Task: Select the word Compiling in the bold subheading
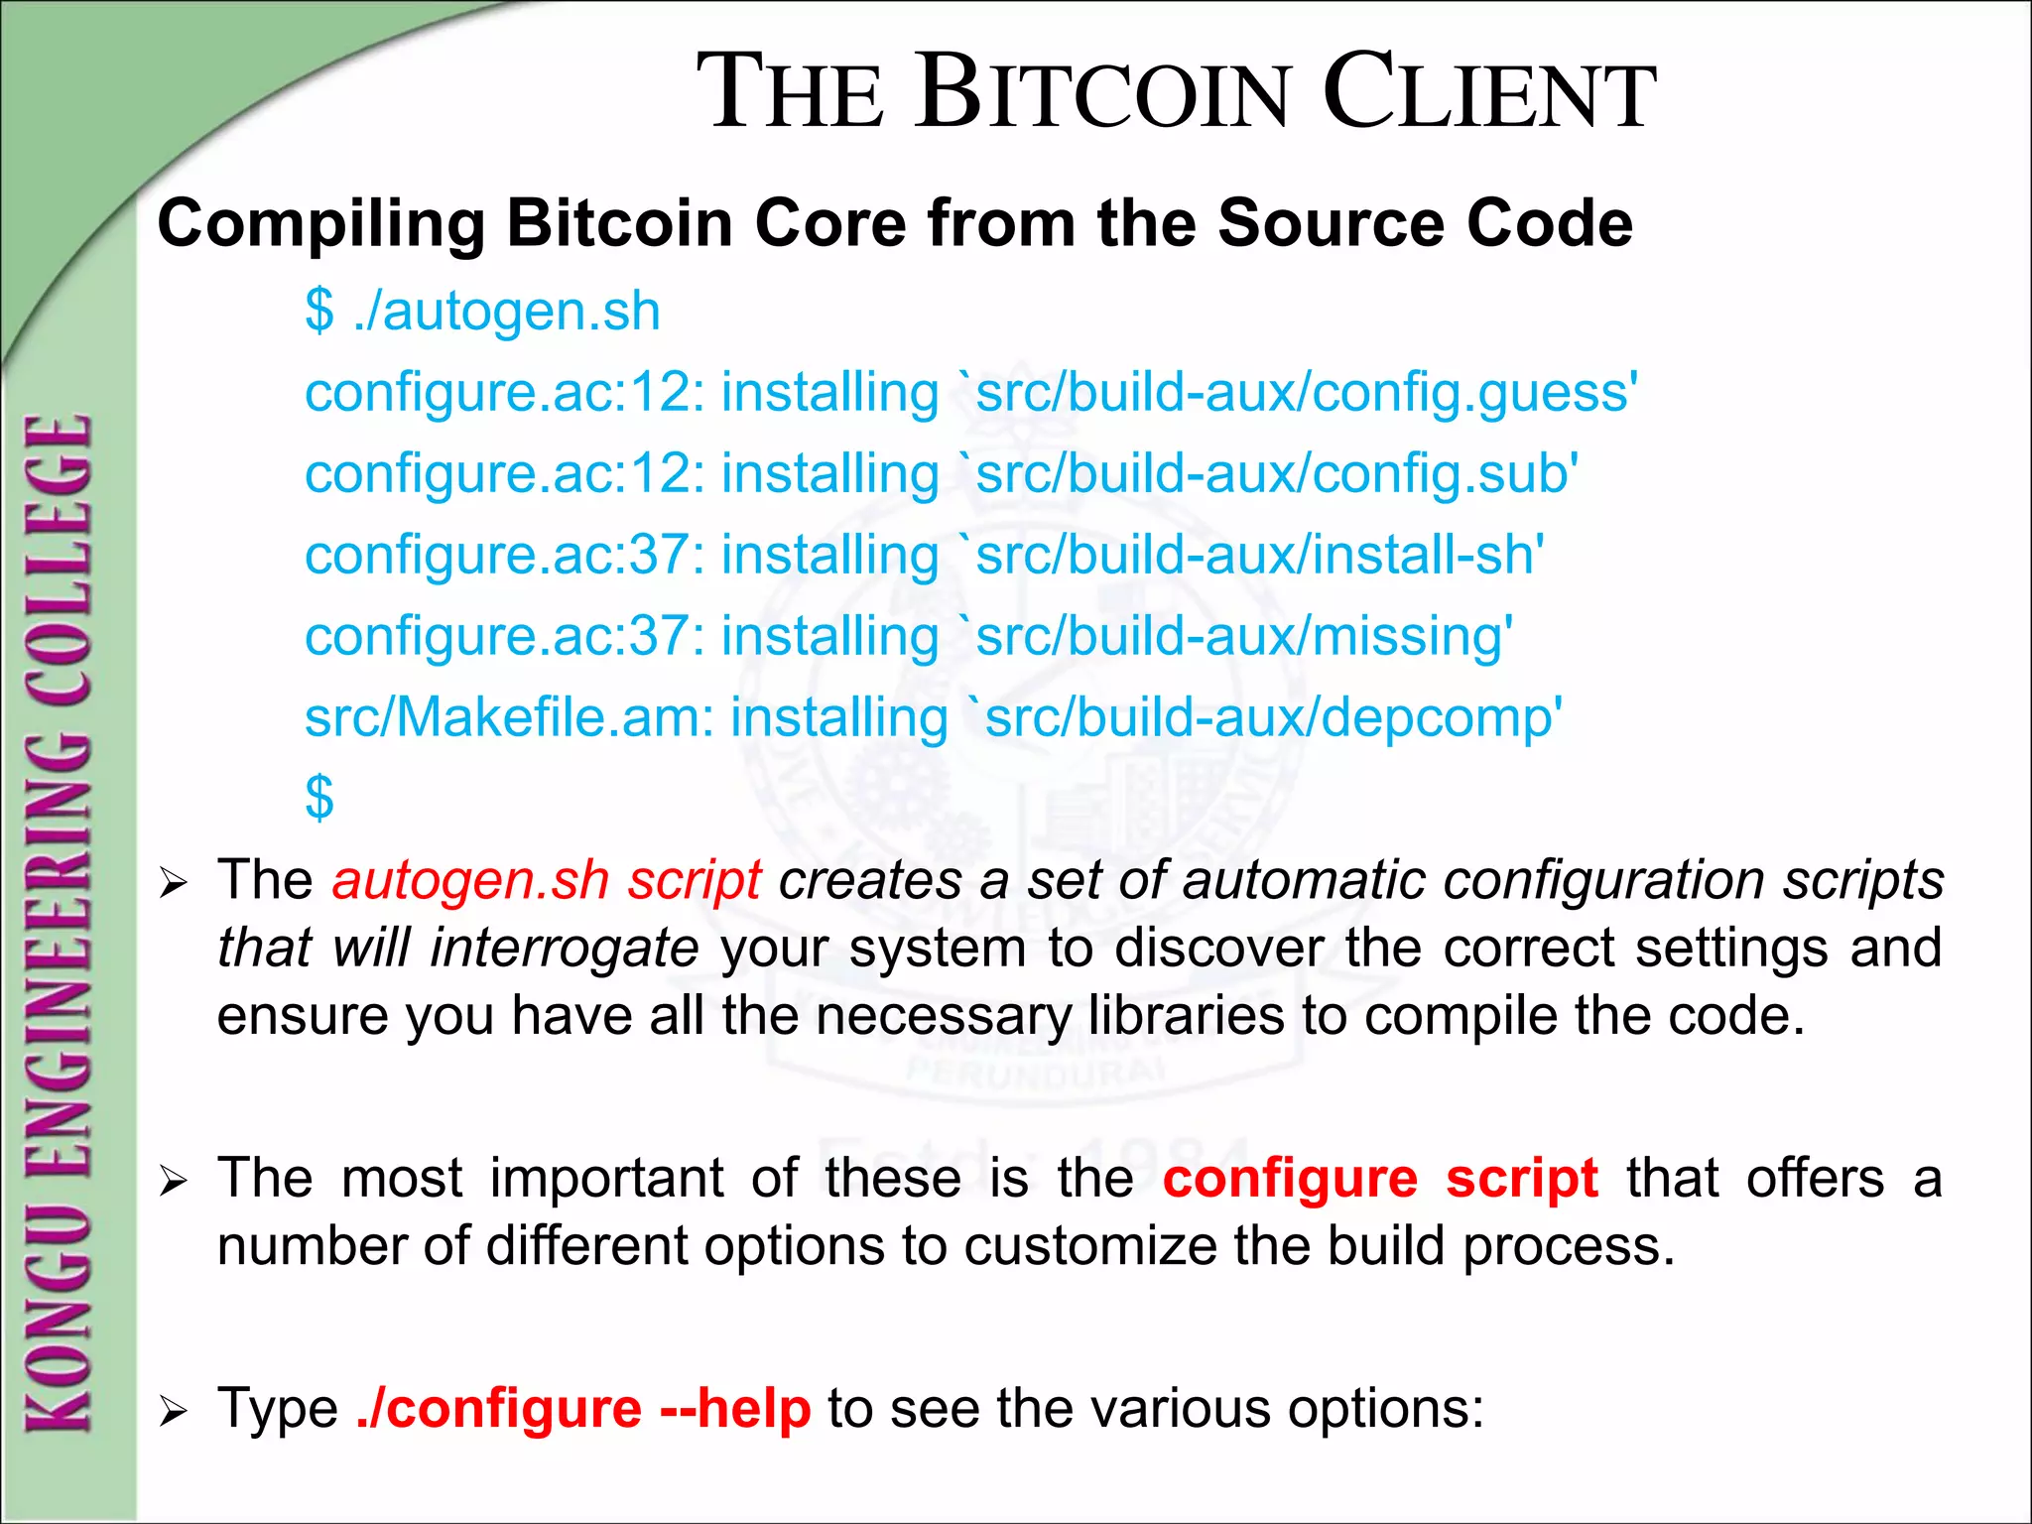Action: (320, 224)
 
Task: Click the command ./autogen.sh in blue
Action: (506, 312)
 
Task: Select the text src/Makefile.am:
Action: (509, 717)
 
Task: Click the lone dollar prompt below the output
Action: (319, 798)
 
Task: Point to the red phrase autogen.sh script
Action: (547, 880)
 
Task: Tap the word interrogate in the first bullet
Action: (565, 948)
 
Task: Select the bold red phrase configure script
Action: (1380, 1180)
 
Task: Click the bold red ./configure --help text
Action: (583, 1409)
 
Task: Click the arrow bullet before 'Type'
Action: (174, 1411)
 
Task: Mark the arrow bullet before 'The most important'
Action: (174, 1182)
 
